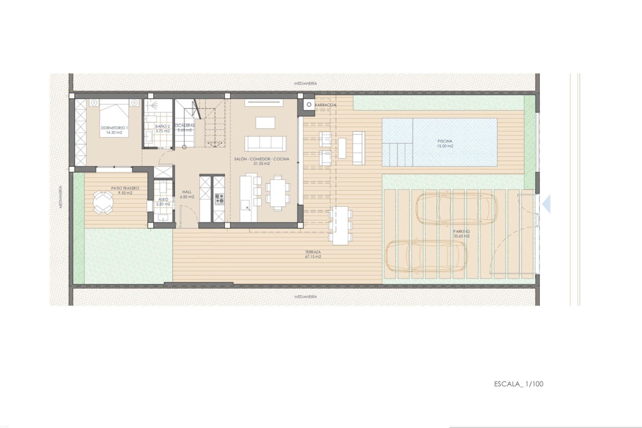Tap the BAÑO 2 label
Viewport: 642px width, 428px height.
[x=163, y=129]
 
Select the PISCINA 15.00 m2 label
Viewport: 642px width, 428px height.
[x=445, y=143]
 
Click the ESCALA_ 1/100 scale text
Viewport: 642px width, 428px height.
[x=519, y=384]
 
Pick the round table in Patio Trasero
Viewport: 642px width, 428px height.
[x=103, y=202]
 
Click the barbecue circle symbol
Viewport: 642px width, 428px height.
[x=309, y=105]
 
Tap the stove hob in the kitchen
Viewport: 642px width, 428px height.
[x=219, y=199]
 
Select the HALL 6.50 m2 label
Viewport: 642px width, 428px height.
[x=187, y=194]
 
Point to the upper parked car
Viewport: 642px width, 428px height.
[x=456, y=209]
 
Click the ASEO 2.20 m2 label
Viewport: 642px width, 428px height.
[x=163, y=202]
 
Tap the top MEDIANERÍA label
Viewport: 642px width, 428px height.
[x=305, y=84]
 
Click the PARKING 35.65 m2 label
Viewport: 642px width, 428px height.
[x=461, y=233]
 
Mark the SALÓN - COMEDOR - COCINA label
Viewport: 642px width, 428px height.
[x=262, y=161]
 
